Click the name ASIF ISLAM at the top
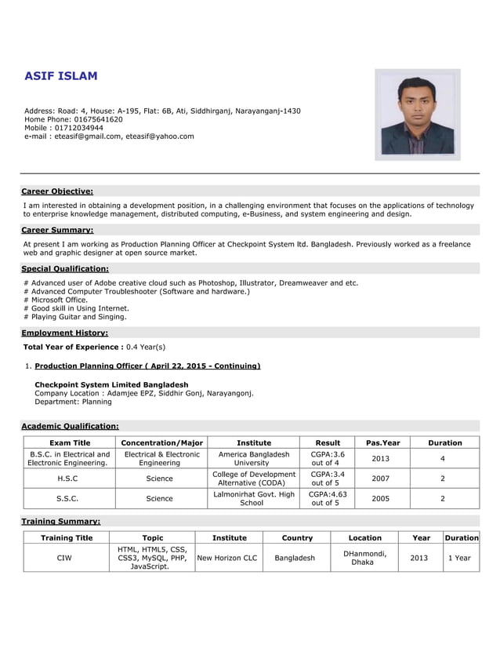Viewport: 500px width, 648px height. coord(61,76)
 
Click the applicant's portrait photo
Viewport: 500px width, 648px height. coord(417,115)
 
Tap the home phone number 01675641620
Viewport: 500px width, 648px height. coord(98,119)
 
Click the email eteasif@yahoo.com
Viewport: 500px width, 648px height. coord(160,136)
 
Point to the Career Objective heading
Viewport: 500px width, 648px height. coord(57,191)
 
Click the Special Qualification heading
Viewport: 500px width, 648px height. coord(65,268)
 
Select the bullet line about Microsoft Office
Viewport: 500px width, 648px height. coord(56,300)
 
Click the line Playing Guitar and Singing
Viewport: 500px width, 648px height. coord(75,317)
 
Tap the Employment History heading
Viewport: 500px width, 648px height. coord(64,333)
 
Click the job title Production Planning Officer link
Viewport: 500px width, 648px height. coord(147,366)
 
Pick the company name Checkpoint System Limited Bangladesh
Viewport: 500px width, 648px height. coord(111,385)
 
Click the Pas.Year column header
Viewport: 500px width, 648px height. coord(380,442)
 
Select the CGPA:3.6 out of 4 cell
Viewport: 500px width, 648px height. coord(327,458)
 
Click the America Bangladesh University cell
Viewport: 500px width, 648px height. coord(252,458)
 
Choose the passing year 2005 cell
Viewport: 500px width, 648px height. coord(380,498)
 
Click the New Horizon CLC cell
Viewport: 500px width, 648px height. coord(226,558)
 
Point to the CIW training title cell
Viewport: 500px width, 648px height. coord(67,558)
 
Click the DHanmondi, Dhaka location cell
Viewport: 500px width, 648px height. coord(364,558)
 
